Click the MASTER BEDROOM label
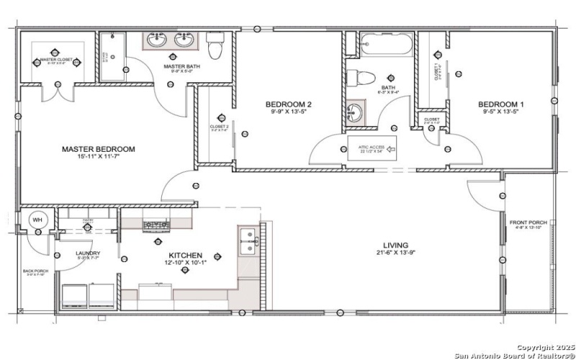[x=98, y=150]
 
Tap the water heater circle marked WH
[x=35, y=220]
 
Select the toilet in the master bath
[x=215, y=47]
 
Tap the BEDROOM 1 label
[x=501, y=105]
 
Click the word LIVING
[x=395, y=245]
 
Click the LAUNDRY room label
[x=88, y=253]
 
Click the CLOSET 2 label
[x=219, y=126]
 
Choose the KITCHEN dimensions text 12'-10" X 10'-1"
[x=185, y=264]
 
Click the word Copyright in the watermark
[x=535, y=347]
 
